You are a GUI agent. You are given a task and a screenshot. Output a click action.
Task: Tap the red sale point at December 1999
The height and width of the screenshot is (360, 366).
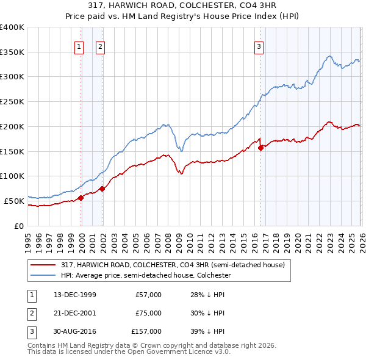81,197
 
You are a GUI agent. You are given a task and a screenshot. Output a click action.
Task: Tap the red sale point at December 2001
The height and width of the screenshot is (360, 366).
102,189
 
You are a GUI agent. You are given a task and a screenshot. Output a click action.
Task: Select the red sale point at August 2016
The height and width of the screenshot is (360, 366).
261,147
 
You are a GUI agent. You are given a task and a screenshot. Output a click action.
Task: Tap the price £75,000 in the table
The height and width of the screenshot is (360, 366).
148,313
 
